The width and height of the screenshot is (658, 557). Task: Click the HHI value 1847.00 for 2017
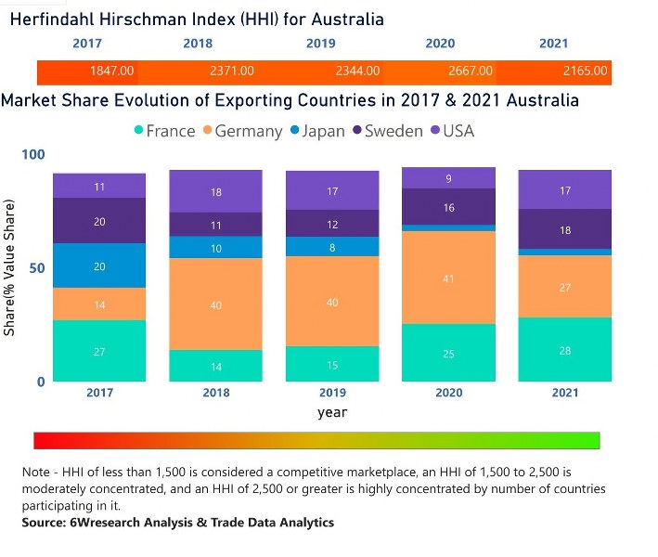111,71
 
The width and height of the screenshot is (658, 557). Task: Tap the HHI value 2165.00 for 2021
585,71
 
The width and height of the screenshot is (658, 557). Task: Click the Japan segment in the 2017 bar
99,266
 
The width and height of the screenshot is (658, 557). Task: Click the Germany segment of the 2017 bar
99,304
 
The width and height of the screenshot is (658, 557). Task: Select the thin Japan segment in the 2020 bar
448,227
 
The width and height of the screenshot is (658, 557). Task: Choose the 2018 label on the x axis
215,393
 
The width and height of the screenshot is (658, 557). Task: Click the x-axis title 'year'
331,411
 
